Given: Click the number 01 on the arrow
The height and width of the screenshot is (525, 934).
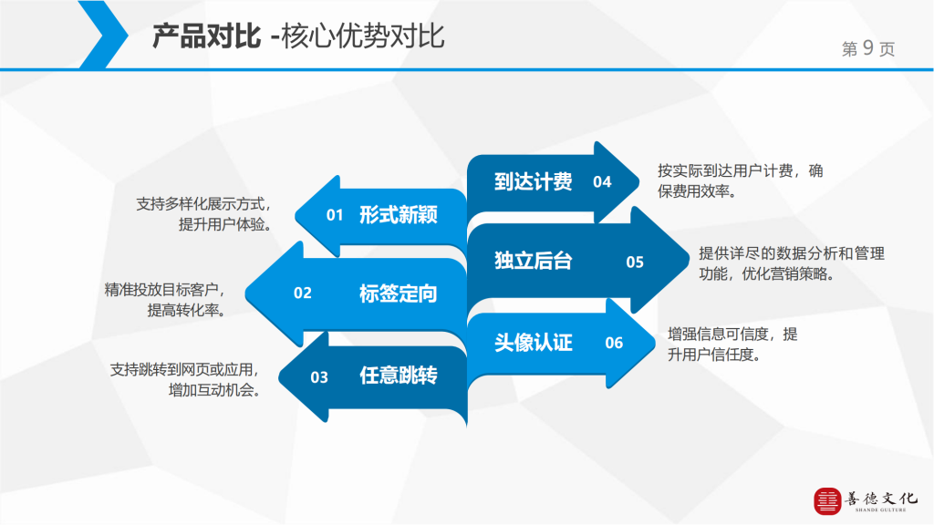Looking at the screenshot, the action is [335, 215].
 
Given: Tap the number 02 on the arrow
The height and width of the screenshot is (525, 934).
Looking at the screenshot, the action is [303, 293].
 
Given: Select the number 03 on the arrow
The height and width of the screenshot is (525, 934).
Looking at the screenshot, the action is [319, 377].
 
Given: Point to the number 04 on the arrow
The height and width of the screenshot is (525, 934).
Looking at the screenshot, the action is [602, 182].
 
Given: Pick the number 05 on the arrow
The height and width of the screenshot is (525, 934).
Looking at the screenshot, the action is [635, 262].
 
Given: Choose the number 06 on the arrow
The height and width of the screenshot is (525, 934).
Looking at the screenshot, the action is [614, 343].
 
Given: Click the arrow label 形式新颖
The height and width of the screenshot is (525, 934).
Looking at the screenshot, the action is [399, 214].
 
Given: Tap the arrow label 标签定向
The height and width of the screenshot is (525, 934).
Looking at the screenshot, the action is [399, 293].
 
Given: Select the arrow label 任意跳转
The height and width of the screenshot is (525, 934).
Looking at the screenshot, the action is [399, 376].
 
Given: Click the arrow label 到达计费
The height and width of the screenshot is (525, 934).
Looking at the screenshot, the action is [533, 181].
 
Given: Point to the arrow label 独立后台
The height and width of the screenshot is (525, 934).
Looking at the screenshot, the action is [533, 261].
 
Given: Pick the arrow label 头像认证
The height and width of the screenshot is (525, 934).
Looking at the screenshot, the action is [533, 343].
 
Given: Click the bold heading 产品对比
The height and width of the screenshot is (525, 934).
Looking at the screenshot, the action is [206, 36].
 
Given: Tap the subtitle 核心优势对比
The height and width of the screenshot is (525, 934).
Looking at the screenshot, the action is [363, 36].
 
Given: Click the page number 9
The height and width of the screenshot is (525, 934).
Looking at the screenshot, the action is [868, 47].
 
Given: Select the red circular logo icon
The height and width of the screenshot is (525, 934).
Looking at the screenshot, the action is [827, 501].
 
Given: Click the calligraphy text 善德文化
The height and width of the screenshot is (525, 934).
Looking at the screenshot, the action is [881, 499].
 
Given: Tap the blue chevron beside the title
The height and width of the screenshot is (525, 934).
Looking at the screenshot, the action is [103, 35].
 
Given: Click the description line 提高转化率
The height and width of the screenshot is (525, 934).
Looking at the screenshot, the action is [187, 310].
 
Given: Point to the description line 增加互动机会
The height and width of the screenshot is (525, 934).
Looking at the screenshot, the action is [215, 390].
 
